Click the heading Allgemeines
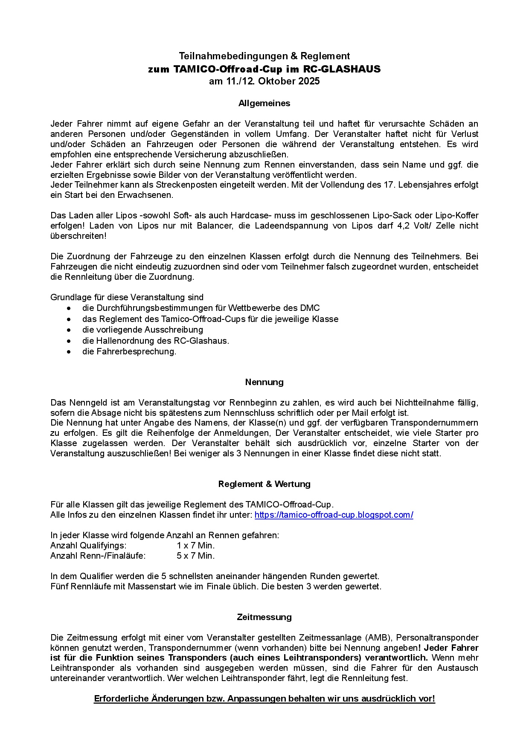tap(264, 103)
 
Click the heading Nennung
tap(264, 382)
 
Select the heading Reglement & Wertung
tap(264, 484)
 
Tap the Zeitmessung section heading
tap(264, 617)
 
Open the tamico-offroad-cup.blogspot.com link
tap(334, 515)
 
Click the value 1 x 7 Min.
tap(196, 545)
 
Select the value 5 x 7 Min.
tap(196, 556)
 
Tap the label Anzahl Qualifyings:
tap(88, 545)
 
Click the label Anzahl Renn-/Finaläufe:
tap(98, 556)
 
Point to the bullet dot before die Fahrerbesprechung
tap(69, 352)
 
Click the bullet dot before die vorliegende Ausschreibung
tap(69, 330)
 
